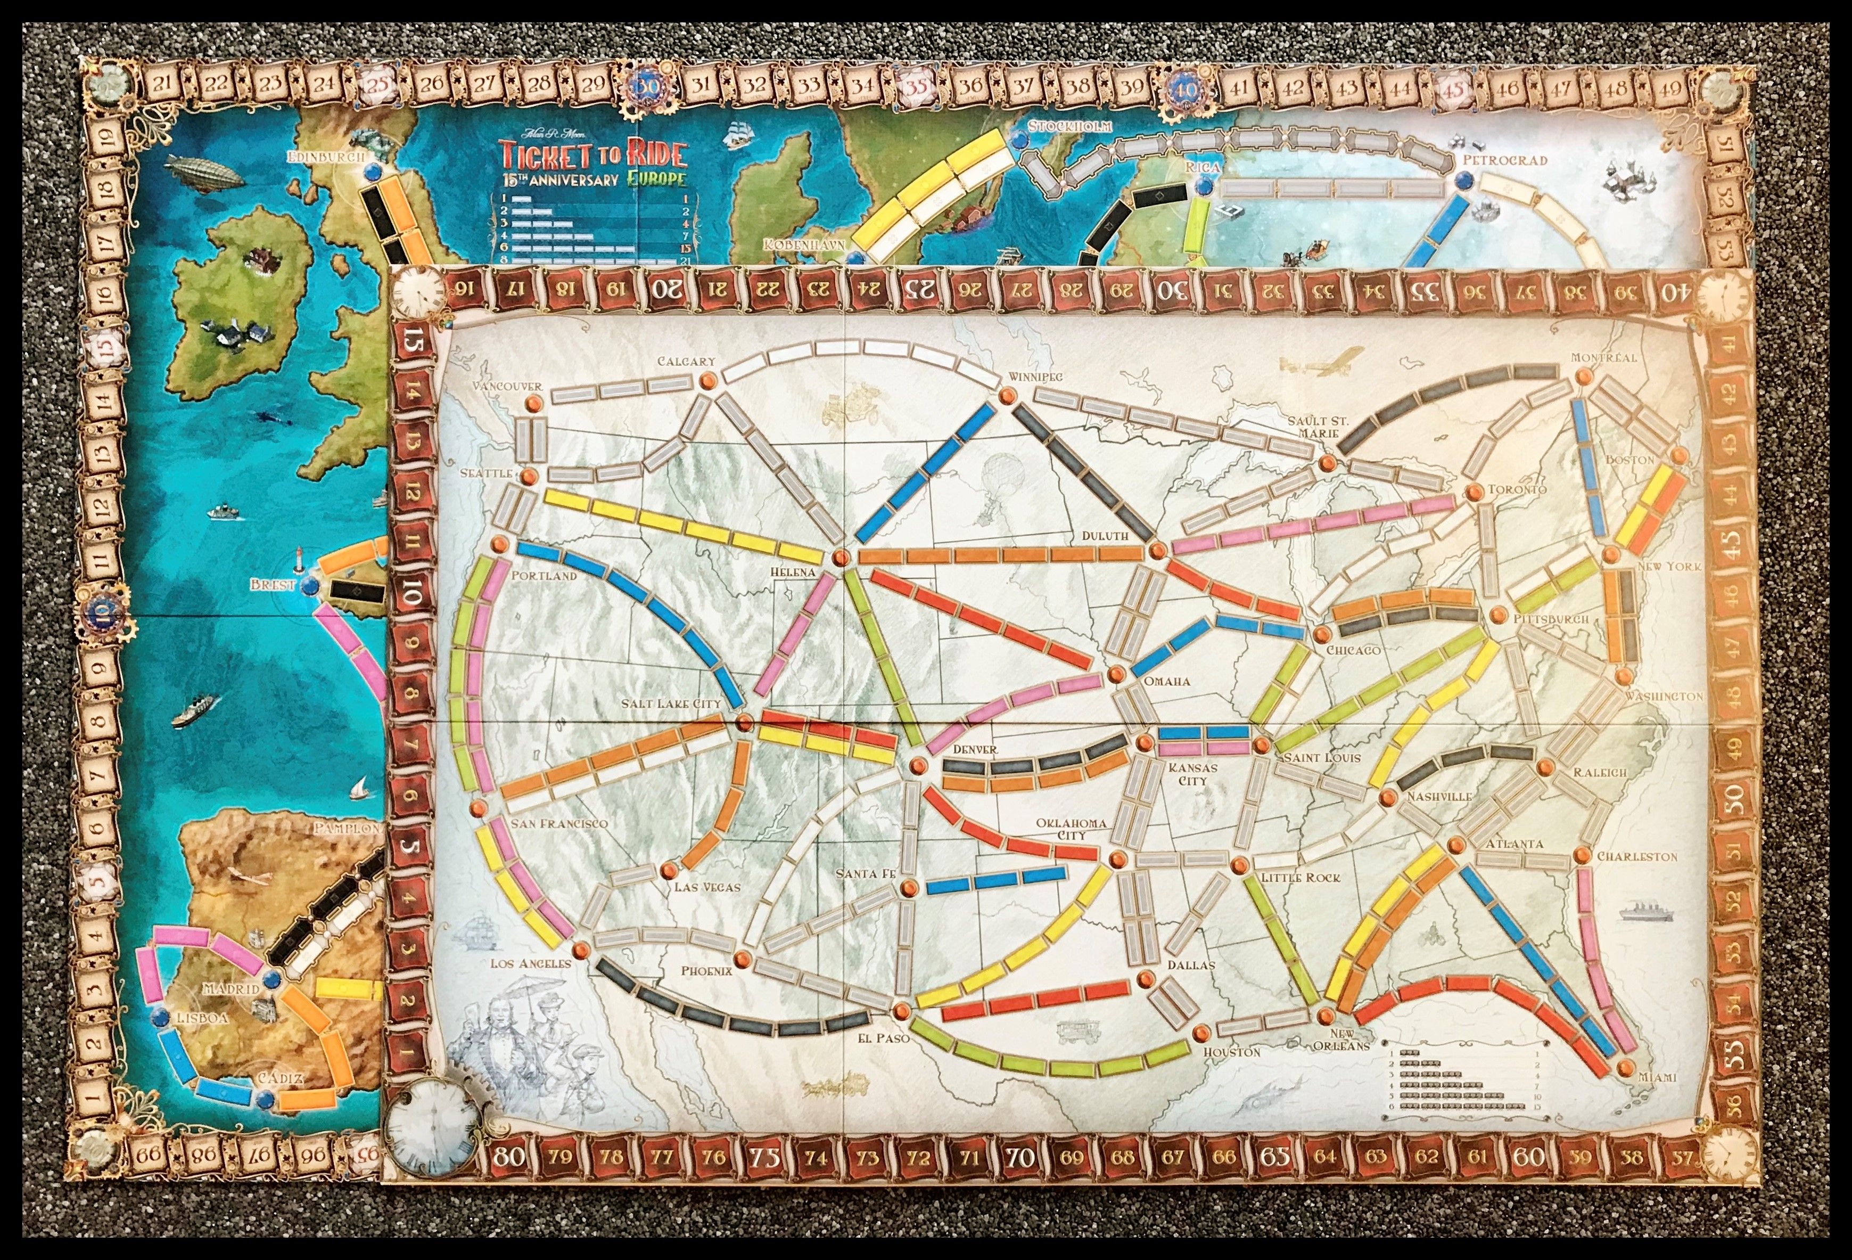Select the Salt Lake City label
(672, 703)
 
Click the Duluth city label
(1105, 536)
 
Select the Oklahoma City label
(1071, 829)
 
